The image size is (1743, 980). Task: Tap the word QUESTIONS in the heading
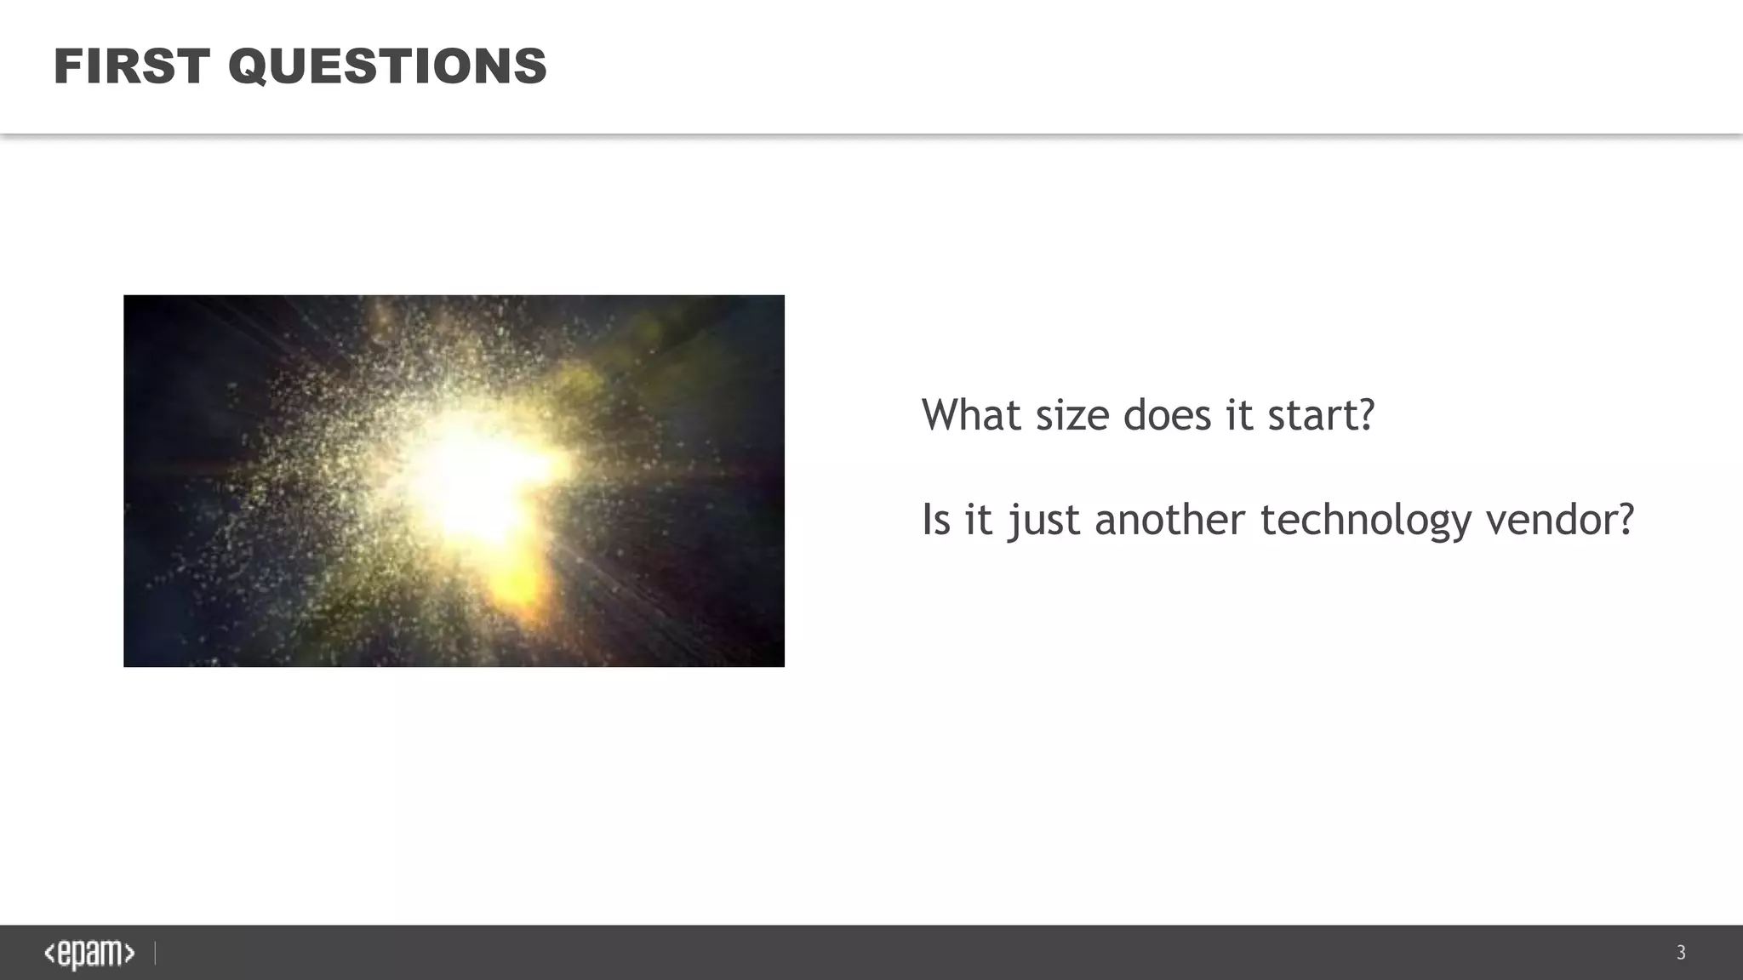pos(387,66)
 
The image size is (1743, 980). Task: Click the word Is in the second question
pos(935,519)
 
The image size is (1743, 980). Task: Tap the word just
pos(1044,521)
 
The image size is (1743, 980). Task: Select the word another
pos(1169,519)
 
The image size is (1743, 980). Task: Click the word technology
pos(1365,521)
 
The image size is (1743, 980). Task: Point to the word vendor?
pos(1559,519)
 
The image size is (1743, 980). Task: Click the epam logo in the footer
pos(89,954)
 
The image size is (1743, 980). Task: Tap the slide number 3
pos(1681,953)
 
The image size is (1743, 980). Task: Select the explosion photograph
pos(454,481)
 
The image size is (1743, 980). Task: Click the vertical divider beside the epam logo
pos(155,954)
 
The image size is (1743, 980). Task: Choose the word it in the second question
pos(978,519)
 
